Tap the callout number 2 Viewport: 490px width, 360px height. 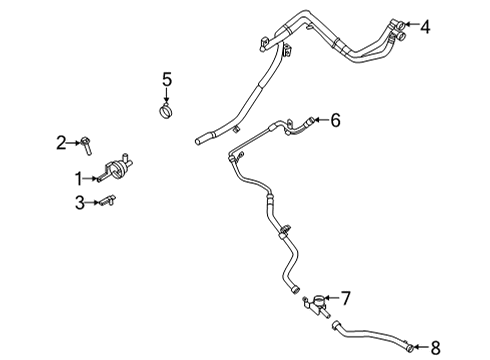point(61,143)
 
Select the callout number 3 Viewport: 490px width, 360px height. point(79,203)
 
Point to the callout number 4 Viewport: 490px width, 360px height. point(425,27)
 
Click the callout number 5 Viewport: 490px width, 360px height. point(167,78)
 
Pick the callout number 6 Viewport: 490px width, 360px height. point(335,120)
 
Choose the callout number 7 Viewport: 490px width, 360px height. point(346,297)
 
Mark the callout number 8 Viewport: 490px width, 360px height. point(435,348)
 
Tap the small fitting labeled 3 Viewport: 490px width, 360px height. point(105,203)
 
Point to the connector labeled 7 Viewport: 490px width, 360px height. point(320,301)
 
